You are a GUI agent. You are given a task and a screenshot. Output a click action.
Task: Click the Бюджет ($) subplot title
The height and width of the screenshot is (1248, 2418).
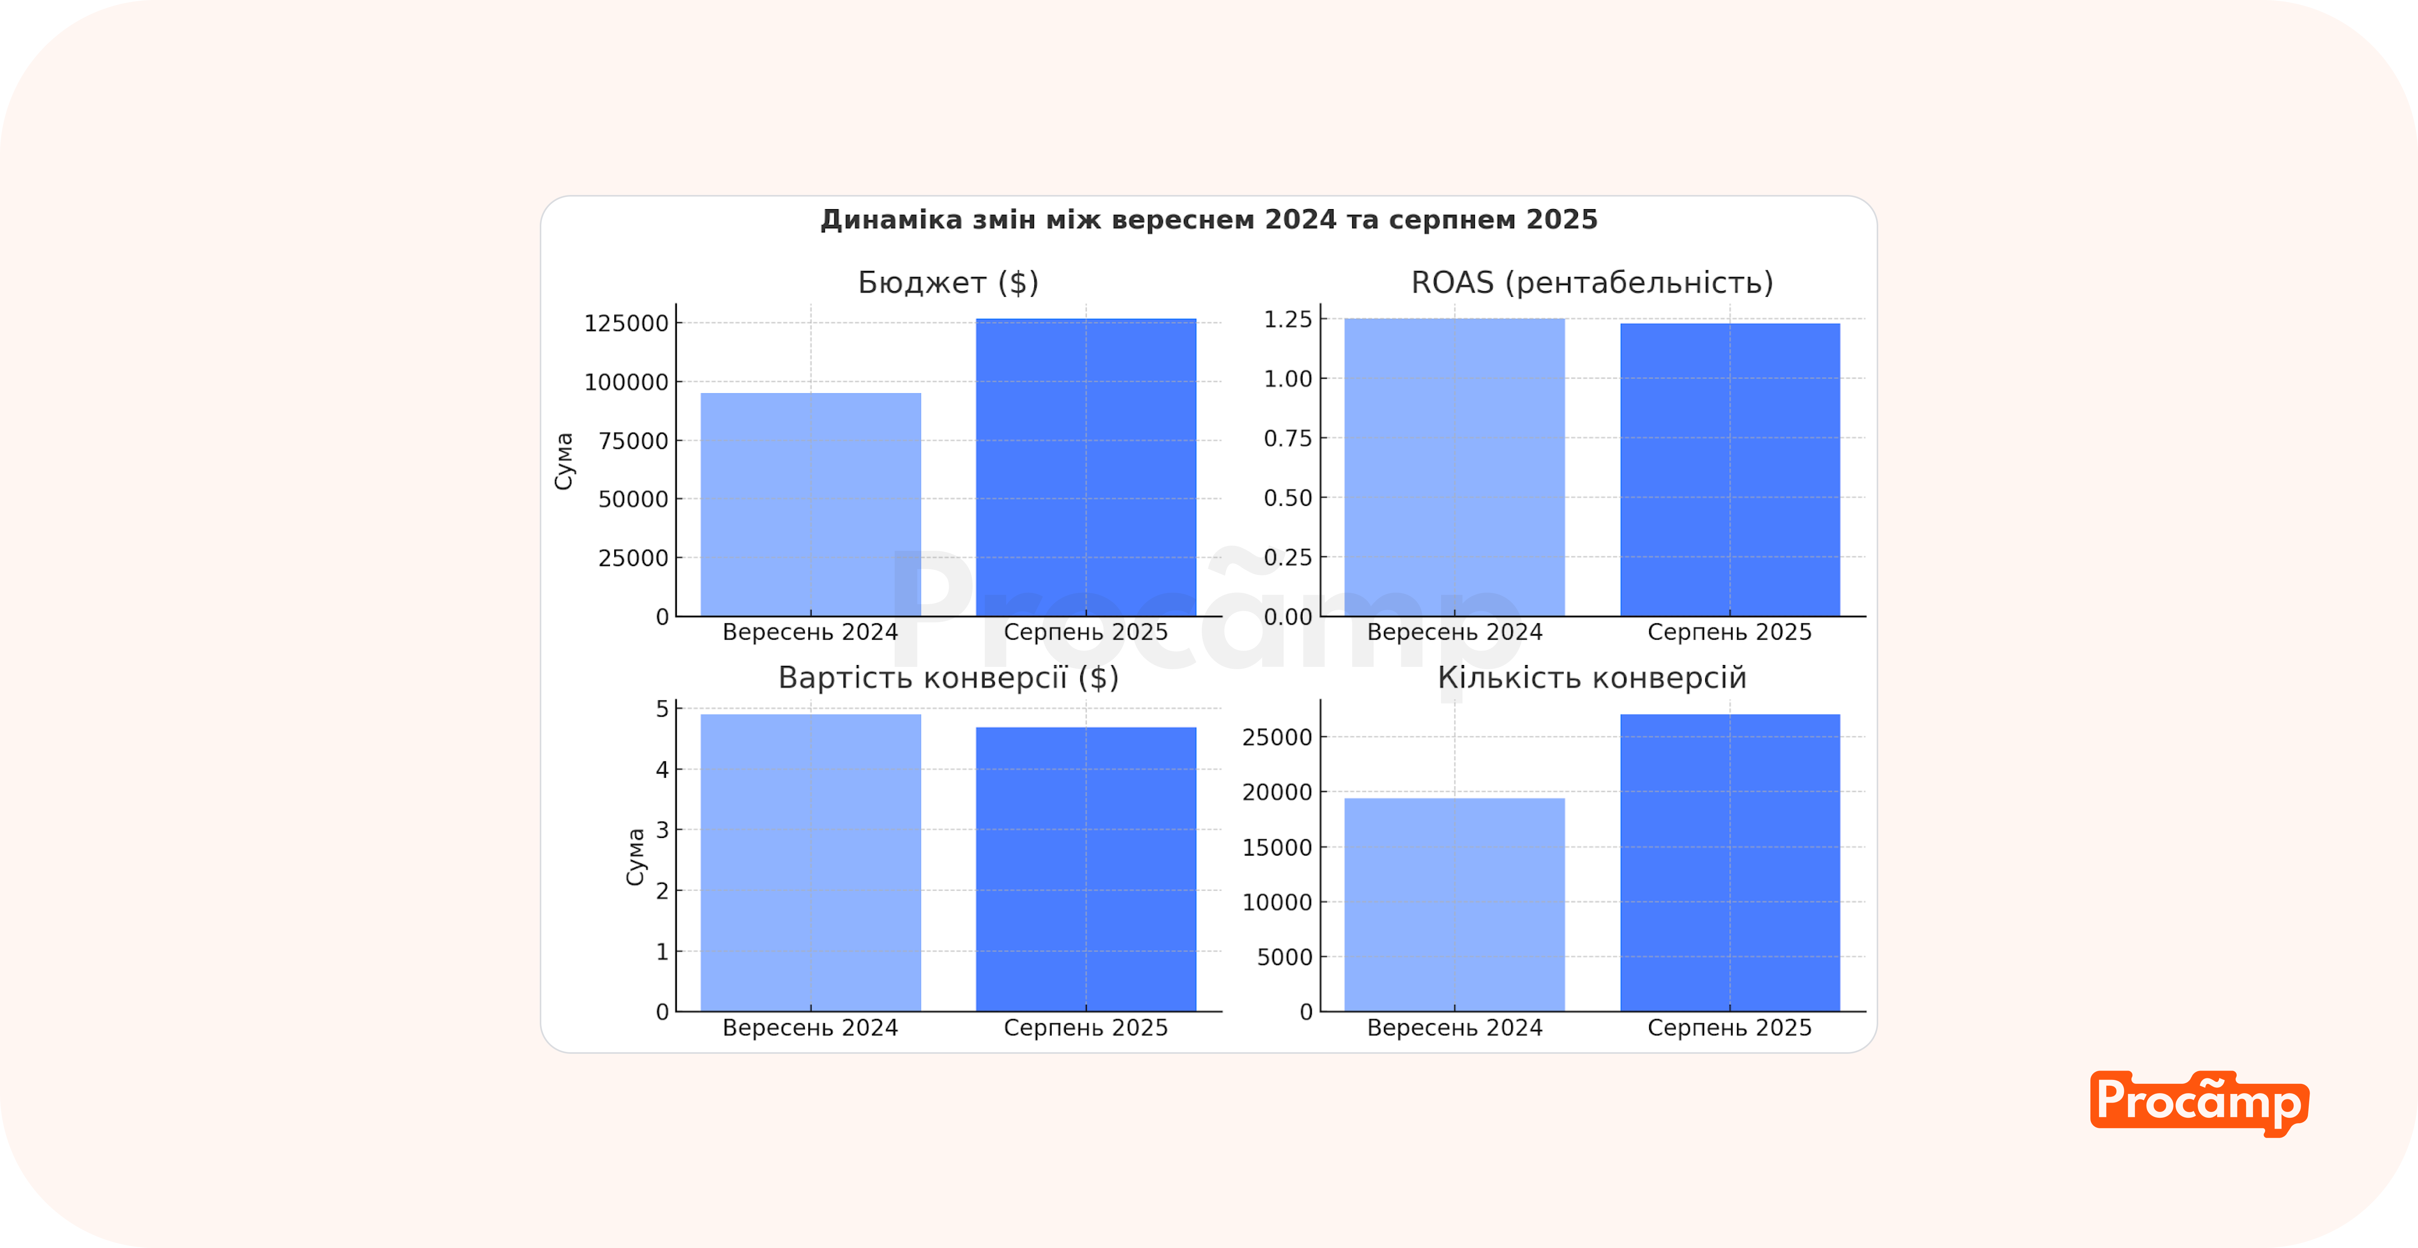coord(948,282)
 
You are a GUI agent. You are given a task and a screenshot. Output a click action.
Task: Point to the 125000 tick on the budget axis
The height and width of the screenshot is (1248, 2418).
coord(626,324)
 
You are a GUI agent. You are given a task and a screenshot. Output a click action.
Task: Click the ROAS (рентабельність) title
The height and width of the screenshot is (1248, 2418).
coord(1592,282)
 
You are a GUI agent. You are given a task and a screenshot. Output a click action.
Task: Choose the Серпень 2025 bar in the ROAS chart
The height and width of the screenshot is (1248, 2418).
coord(1730,469)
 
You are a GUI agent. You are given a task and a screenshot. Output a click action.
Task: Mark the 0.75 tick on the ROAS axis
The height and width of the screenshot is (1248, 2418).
coord(1288,438)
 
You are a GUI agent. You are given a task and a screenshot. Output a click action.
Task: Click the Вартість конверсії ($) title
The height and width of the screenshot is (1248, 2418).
coord(948,677)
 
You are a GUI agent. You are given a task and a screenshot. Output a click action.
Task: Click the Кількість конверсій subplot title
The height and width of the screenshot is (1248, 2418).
coord(1592,677)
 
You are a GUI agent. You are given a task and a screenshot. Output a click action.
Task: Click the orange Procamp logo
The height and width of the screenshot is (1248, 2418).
coord(2199,1103)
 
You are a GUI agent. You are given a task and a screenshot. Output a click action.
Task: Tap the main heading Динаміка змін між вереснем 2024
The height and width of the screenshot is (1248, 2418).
coord(1209,220)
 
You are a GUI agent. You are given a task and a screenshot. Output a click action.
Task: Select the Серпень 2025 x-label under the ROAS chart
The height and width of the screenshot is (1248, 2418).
coord(1730,633)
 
